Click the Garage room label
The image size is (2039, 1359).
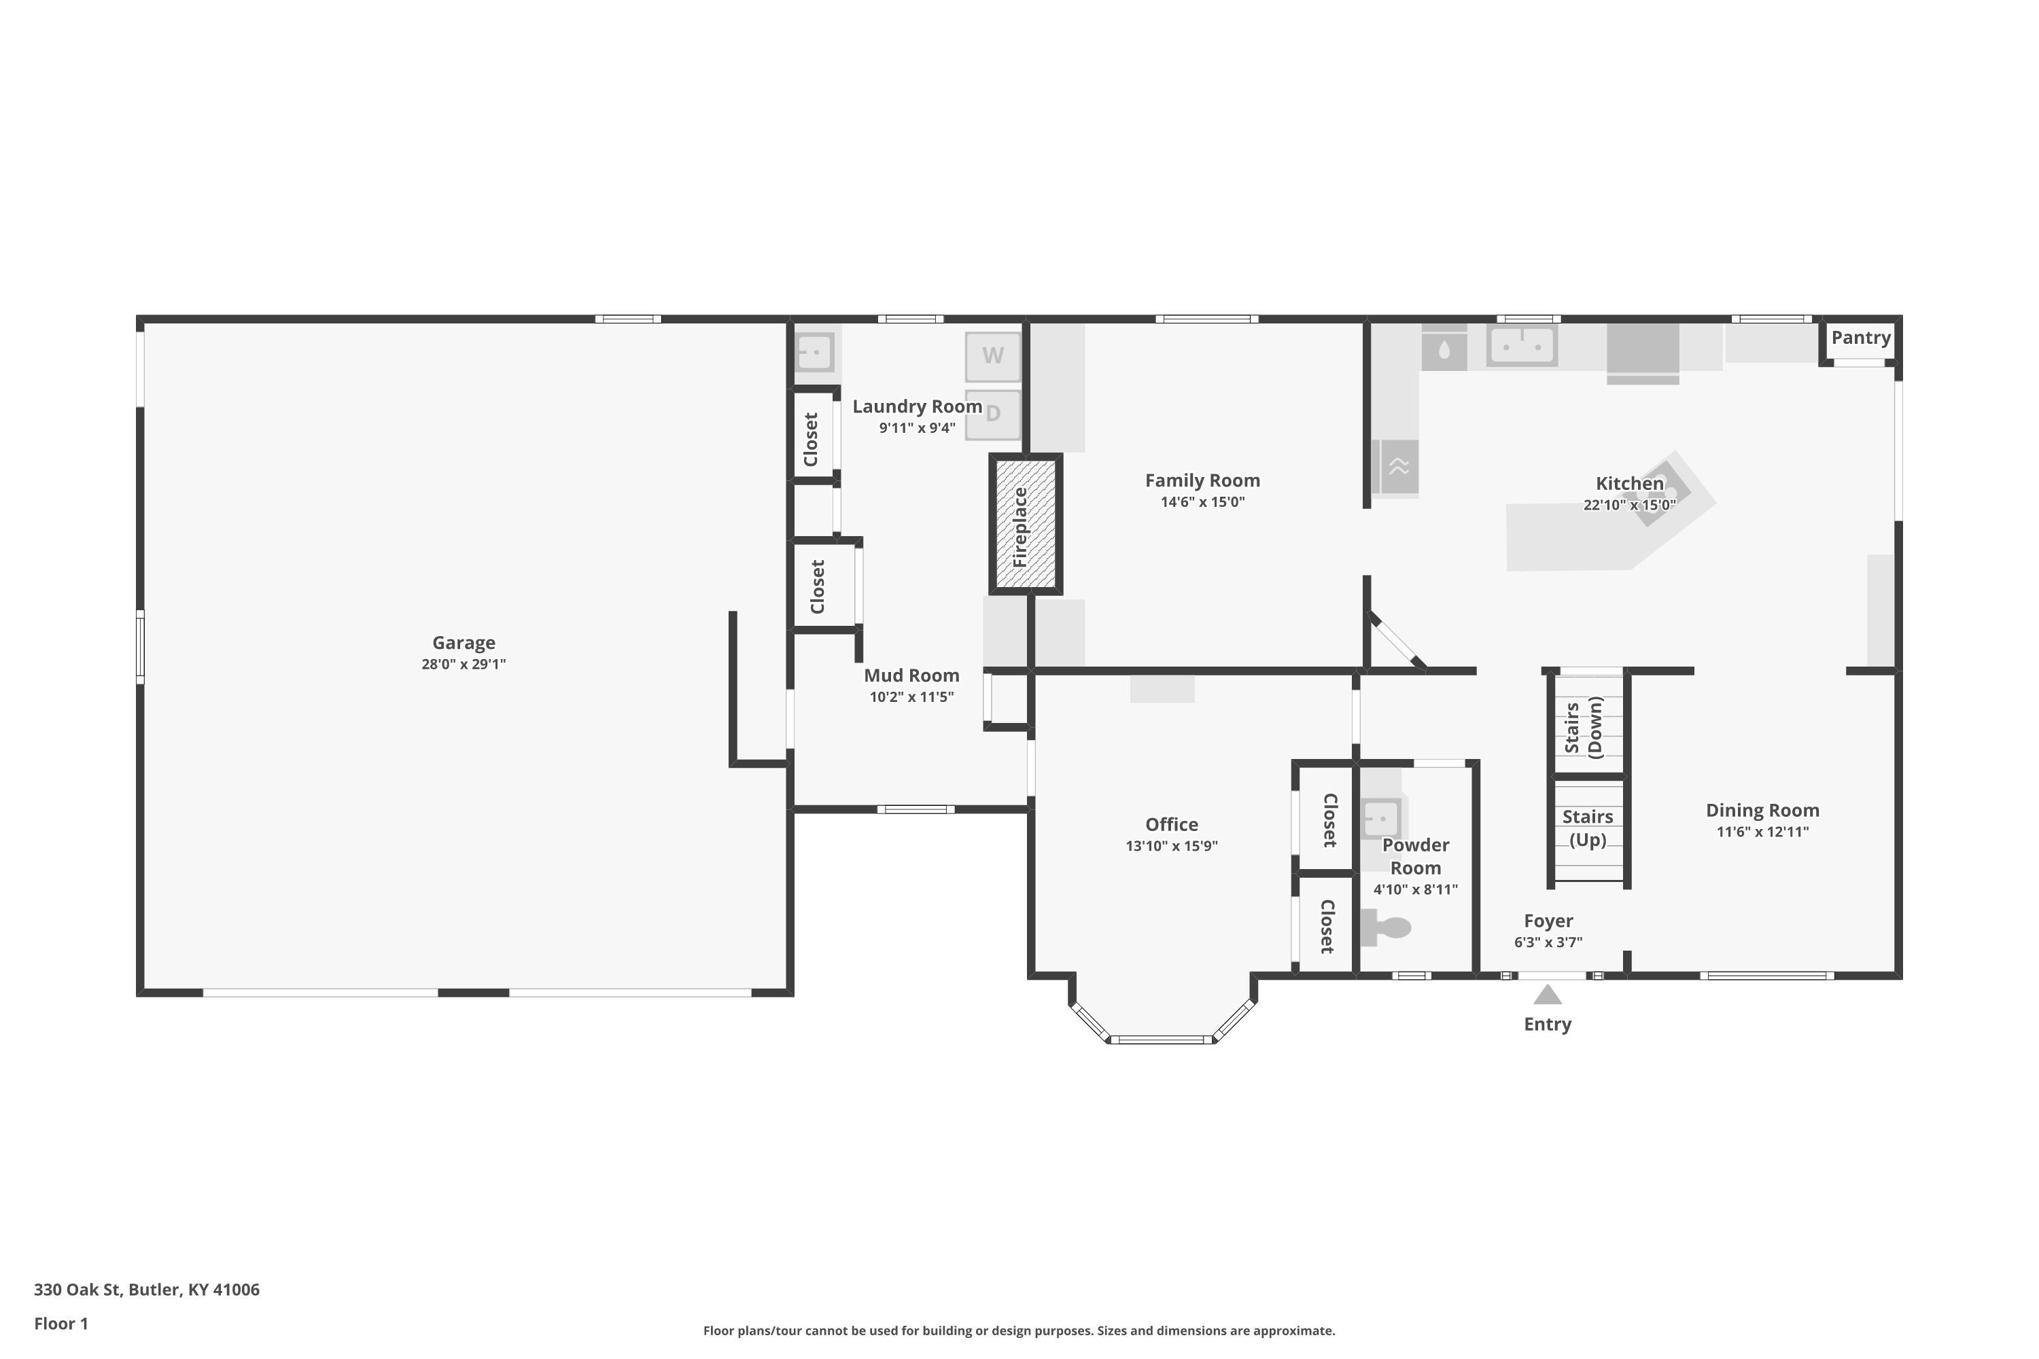[x=464, y=642]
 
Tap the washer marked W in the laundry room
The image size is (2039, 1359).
[x=992, y=355]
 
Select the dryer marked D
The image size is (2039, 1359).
[x=992, y=414]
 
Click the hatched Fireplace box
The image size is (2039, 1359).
[x=1026, y=523]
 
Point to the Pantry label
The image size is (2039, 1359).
[x=1860, y=338]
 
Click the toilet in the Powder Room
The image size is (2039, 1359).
[x=1385, y=927]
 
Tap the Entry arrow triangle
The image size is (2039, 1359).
[x=1548, y=994]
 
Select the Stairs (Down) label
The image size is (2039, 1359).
[x=1584, y=727]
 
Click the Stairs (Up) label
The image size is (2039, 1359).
[x=1587, y=828]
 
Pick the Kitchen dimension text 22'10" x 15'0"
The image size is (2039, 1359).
[x=1630, y=504]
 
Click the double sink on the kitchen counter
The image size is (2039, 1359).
[x=1522, y=345]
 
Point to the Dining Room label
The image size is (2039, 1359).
[x=1762, y=811]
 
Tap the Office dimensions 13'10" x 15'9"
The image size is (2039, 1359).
[x=1171, y=846]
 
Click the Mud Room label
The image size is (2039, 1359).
[x=911, y=675]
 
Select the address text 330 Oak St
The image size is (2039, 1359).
[x=76, y=1289]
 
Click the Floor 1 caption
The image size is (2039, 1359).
[x=60, y=1324]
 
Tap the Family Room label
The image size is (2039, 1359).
[x=1202, y=480]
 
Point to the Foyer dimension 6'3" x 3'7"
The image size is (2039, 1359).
[x=1548, y=942]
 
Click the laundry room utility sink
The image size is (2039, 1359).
[x=815, y=353]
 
